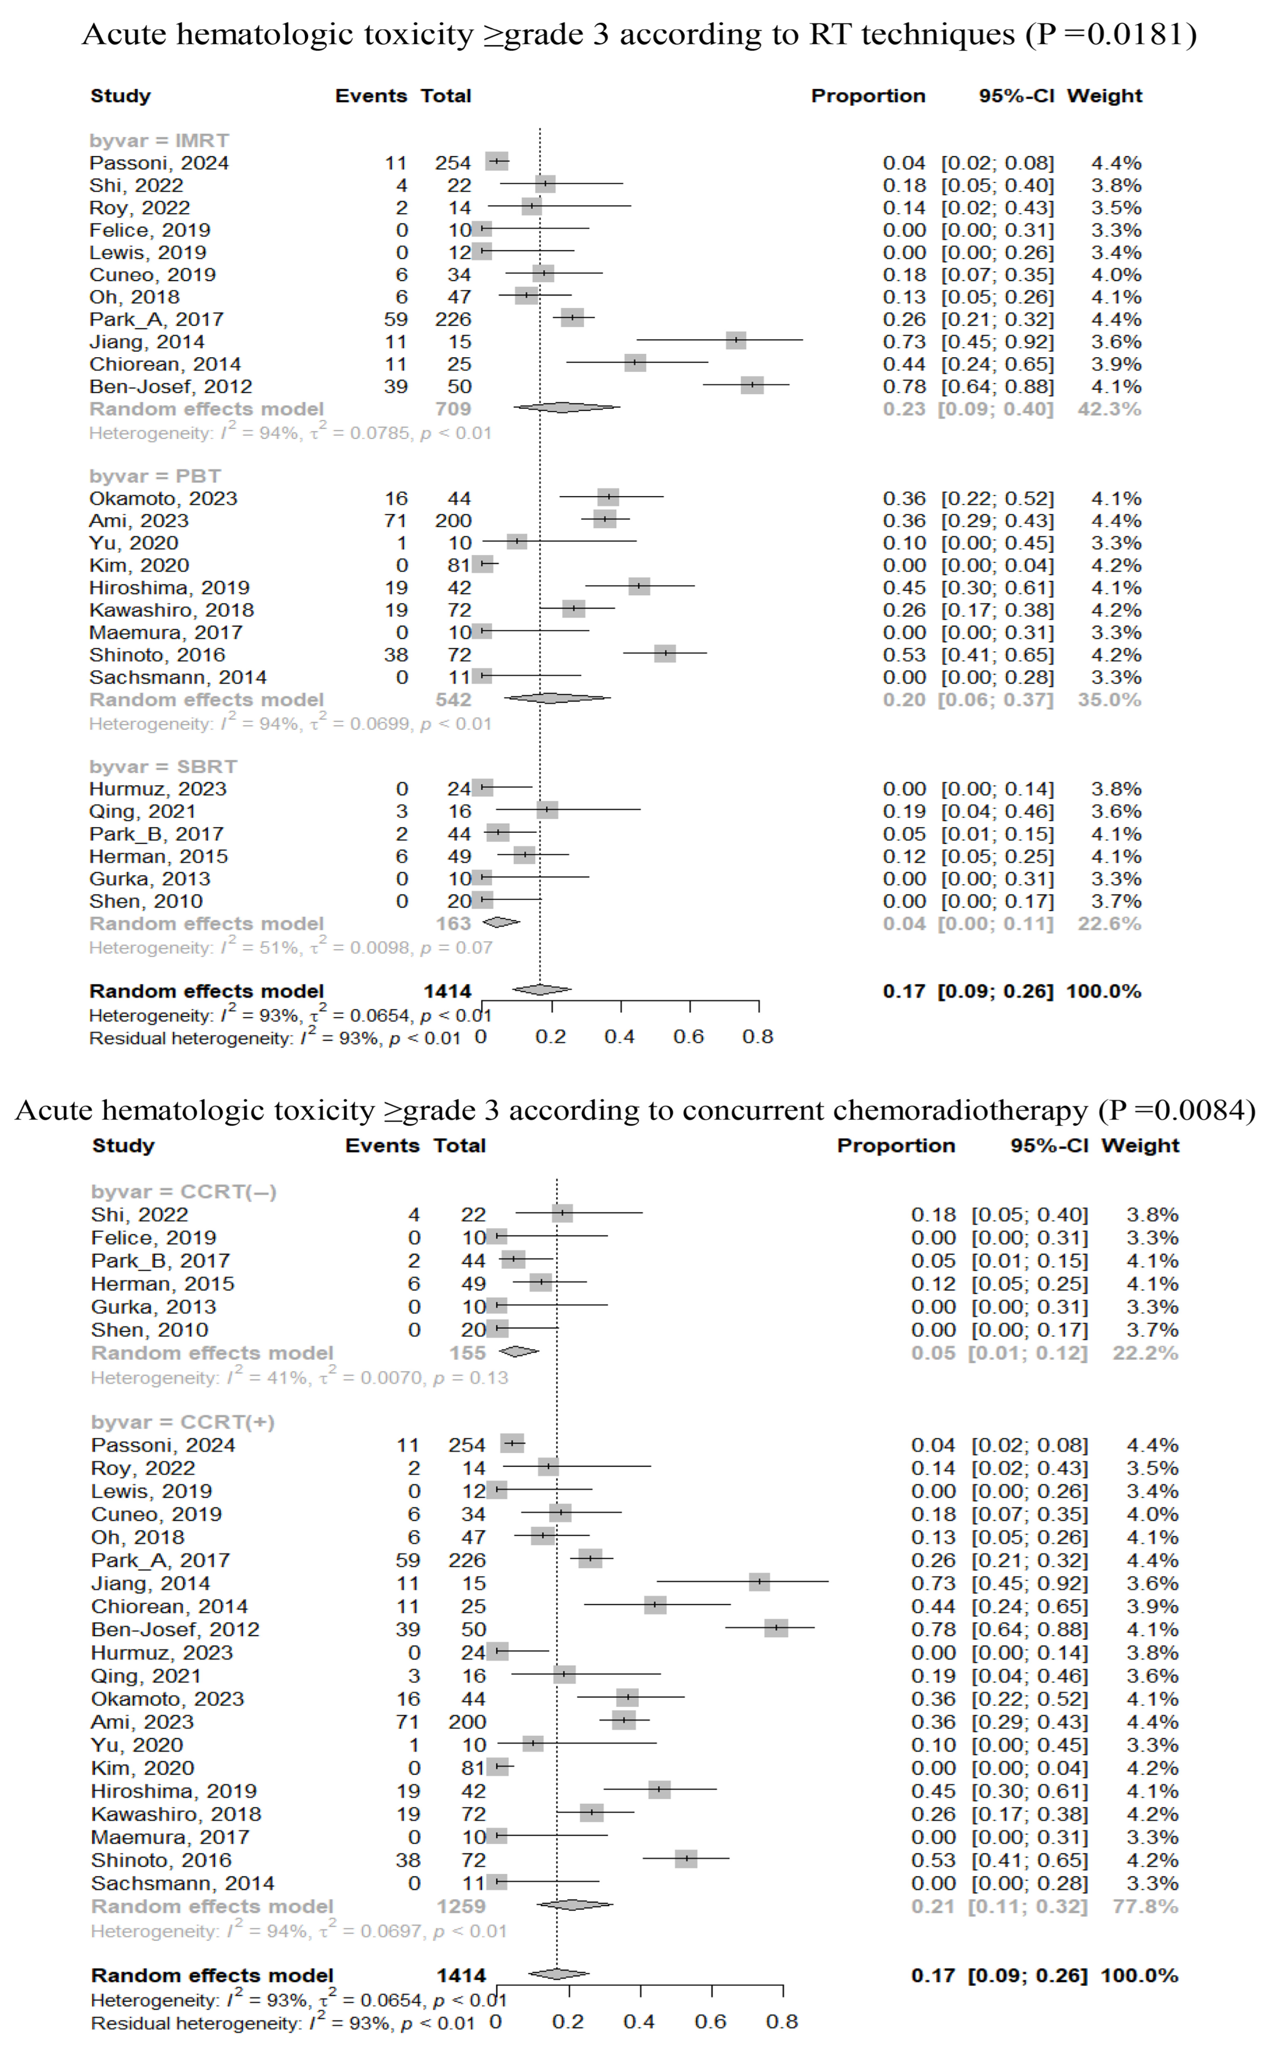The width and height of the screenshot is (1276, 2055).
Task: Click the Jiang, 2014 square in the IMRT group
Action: [736, 340]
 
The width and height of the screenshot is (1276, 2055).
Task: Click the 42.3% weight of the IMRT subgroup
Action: [1109, 410]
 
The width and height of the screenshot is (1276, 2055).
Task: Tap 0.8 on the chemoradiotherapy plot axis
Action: [782, 2022]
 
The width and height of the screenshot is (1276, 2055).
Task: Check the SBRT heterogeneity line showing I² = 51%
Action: [290, 948]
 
